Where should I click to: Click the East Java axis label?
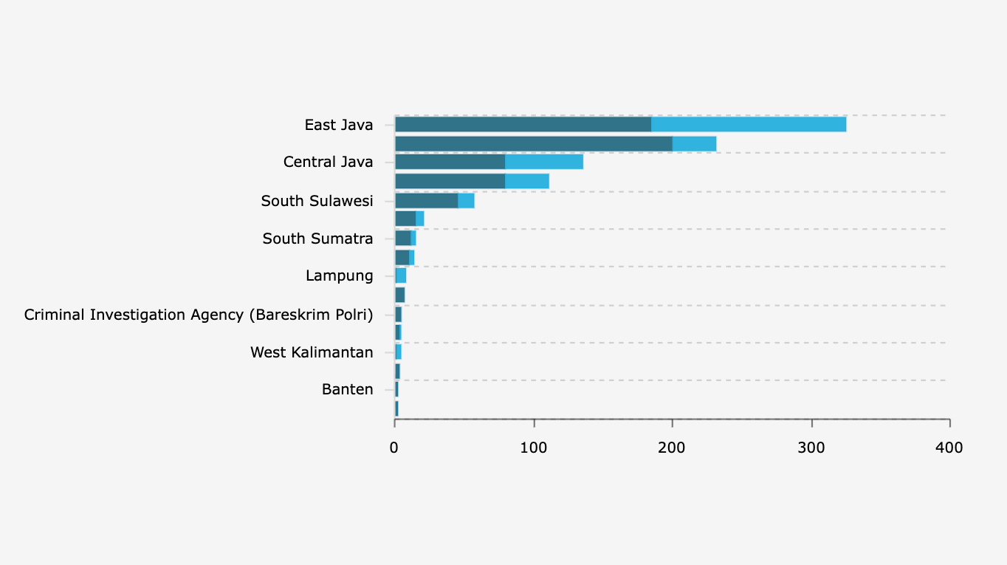(339, 125)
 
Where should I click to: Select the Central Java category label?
(328, 162)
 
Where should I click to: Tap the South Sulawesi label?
(317, 201)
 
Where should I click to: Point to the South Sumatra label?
(317, 239)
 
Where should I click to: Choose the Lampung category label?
(340, 275)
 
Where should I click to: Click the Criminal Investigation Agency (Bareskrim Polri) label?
(199, 315)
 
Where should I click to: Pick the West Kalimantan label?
(312, 352)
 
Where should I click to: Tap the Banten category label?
(348, 389)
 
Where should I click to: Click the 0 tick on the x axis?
(394, 448)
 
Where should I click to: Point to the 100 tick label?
(533, 448)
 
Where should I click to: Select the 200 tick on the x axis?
(672, 448)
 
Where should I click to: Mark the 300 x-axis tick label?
(811, 448)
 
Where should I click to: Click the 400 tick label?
(949, 448)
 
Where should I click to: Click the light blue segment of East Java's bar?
(749, 124)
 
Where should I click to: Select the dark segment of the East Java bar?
(523, 124)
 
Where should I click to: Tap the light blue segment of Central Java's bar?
(544, 162)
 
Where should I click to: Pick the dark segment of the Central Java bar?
(450, 162)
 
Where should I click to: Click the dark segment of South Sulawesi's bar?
(426, 200)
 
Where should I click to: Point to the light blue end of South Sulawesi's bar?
(466, 200)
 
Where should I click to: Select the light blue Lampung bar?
(401, 275)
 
